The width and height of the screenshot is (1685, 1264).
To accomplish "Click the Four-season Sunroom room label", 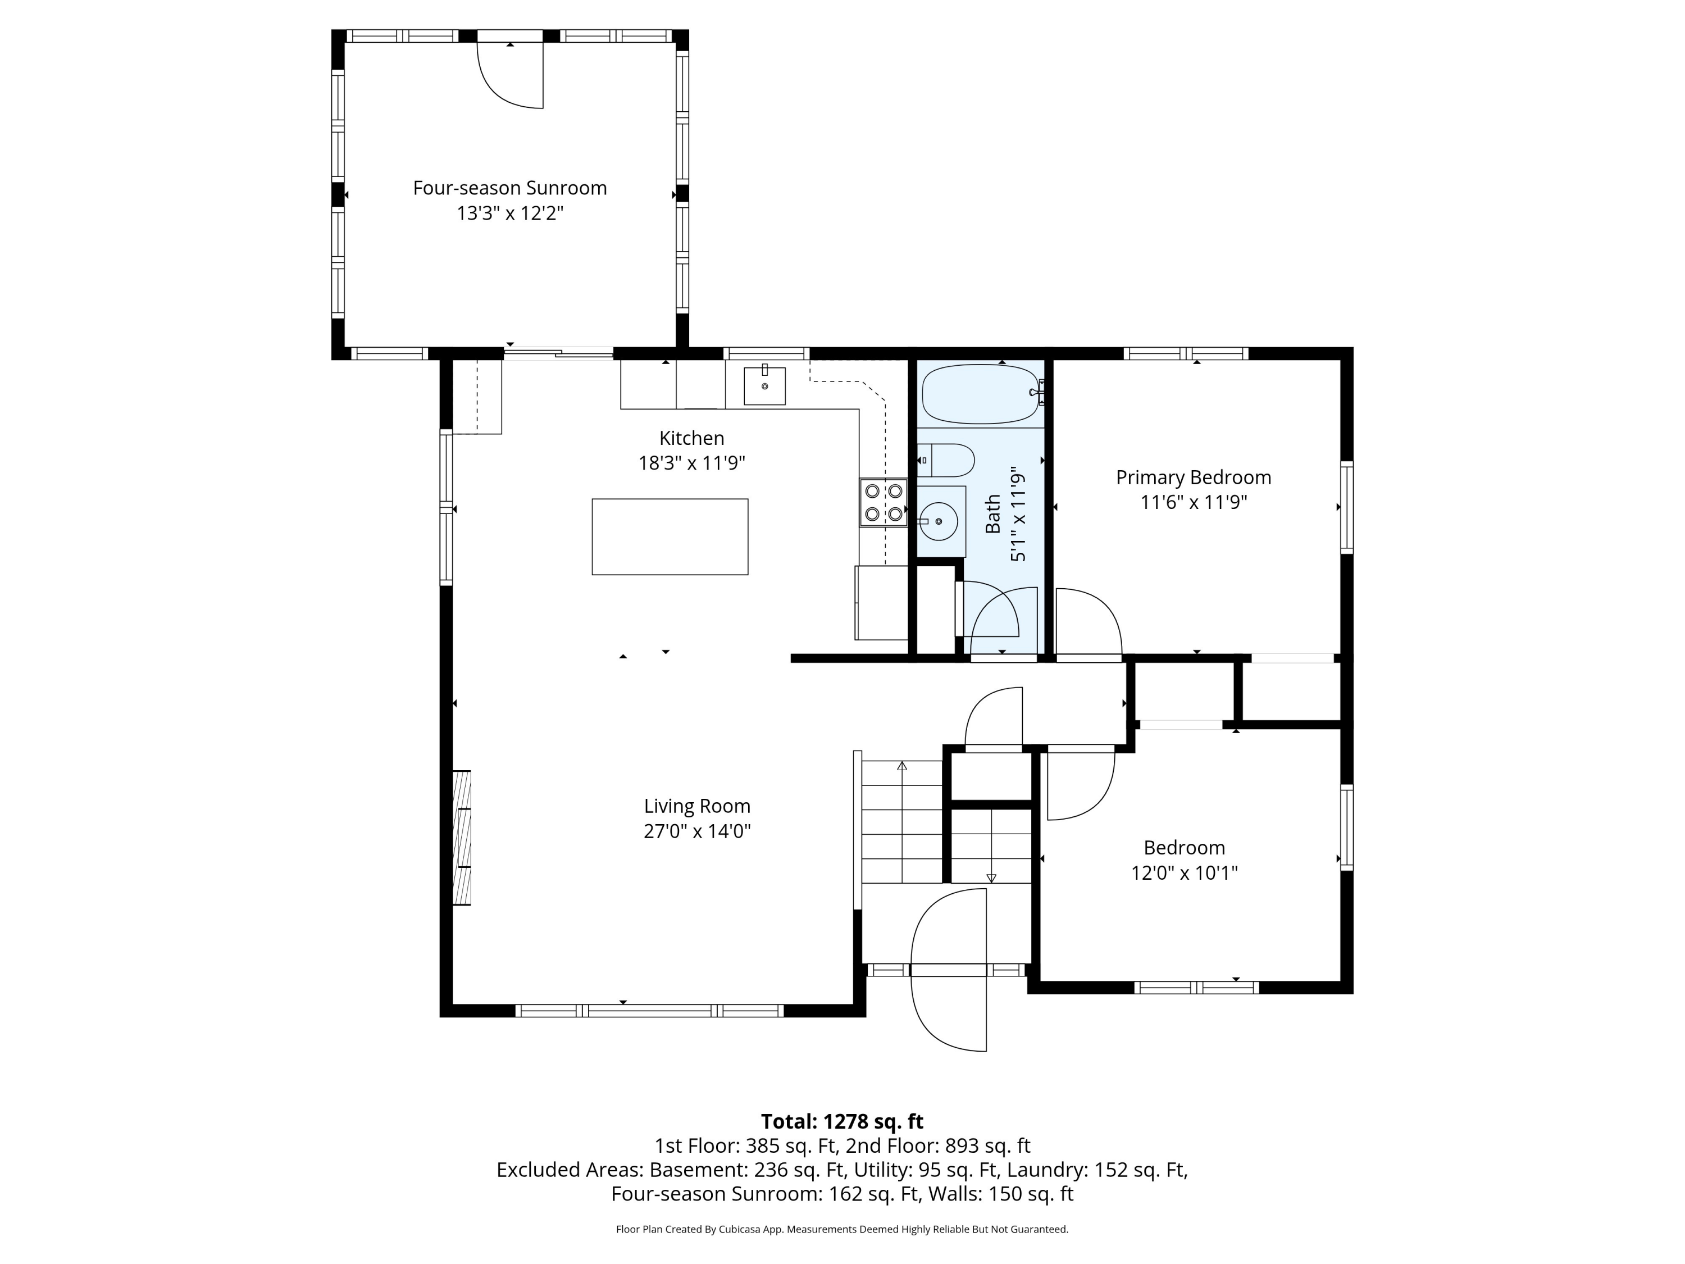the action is point(509,188).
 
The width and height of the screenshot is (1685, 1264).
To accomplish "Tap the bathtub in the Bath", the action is point(980,393).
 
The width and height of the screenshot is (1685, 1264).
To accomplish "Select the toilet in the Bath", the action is point(946,460).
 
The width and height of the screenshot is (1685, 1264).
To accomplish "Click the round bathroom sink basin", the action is point(939,521).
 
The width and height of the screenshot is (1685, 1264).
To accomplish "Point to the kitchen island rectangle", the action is point(670,536).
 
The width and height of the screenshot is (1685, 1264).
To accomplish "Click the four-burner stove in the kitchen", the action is point(884,502).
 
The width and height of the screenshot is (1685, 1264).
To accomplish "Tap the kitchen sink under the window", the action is point(764,385).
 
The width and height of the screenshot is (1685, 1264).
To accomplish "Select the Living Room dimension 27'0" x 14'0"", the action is point(697,830).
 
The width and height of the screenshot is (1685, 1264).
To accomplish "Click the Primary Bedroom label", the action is point(1194,478).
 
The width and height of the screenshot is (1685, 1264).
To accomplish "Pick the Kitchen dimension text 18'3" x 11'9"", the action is point(691,462).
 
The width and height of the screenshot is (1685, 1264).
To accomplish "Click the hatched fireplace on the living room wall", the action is point(462,838).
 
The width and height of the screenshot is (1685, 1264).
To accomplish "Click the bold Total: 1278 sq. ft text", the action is point(842,1121).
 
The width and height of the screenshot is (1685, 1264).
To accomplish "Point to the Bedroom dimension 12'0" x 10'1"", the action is point(1185,872).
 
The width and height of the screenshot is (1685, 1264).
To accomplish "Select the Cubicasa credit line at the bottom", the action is point(842,1229).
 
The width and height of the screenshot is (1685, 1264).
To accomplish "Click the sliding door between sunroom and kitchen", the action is point(558,353).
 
